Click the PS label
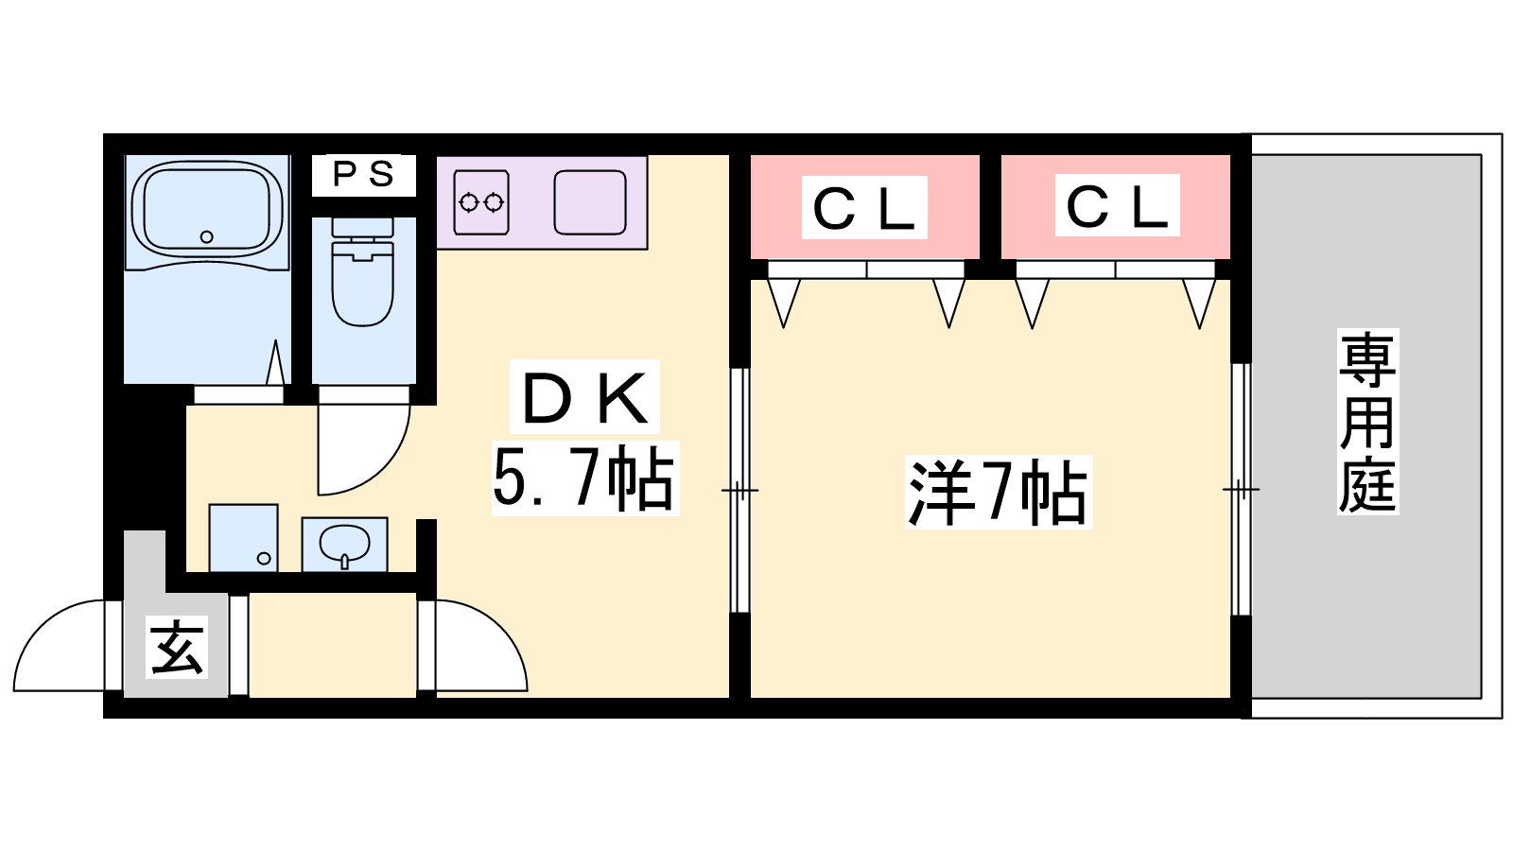(x=363, y=175)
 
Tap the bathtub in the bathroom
(x=207, y=210)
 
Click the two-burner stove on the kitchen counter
(x=481, y=201)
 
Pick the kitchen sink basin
(x=589, y=201)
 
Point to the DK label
(x=584, y=397)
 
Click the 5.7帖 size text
(x=584, y=478)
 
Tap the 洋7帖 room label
(x=997, y=492)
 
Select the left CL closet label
(x=864, y=207)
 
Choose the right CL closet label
(x=1117, y=205)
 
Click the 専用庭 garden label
(x=1366, y=422)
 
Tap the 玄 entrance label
(x=177, y=649)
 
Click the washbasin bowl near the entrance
(x=344, y=544)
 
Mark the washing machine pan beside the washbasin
(x=243, y=538)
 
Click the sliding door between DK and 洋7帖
(x=739, y=490)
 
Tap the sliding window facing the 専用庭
(x=1241, y=490)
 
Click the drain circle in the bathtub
(x=207, y=236)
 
